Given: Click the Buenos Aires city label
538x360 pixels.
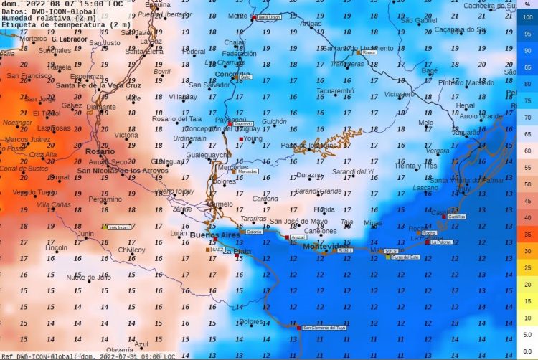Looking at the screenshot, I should click(214, 235).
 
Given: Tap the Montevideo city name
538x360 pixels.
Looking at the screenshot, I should click(324, 246).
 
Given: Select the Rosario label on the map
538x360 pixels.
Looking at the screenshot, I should click(99, 151).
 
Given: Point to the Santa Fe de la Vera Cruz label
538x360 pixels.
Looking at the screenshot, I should click(98, 85).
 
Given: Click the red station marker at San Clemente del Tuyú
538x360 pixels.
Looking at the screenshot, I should click(299, 328).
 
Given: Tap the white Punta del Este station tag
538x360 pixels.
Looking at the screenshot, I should click(405, 257).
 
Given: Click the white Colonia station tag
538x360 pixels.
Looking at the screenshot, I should click(254, 232).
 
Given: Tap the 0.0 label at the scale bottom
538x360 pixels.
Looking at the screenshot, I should click(527, 351).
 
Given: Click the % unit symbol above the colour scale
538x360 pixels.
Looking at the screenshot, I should click(527, 5).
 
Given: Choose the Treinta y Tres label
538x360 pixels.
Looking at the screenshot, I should click(415, 166).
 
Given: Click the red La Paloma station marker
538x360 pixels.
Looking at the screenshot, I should click(428, 242).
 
